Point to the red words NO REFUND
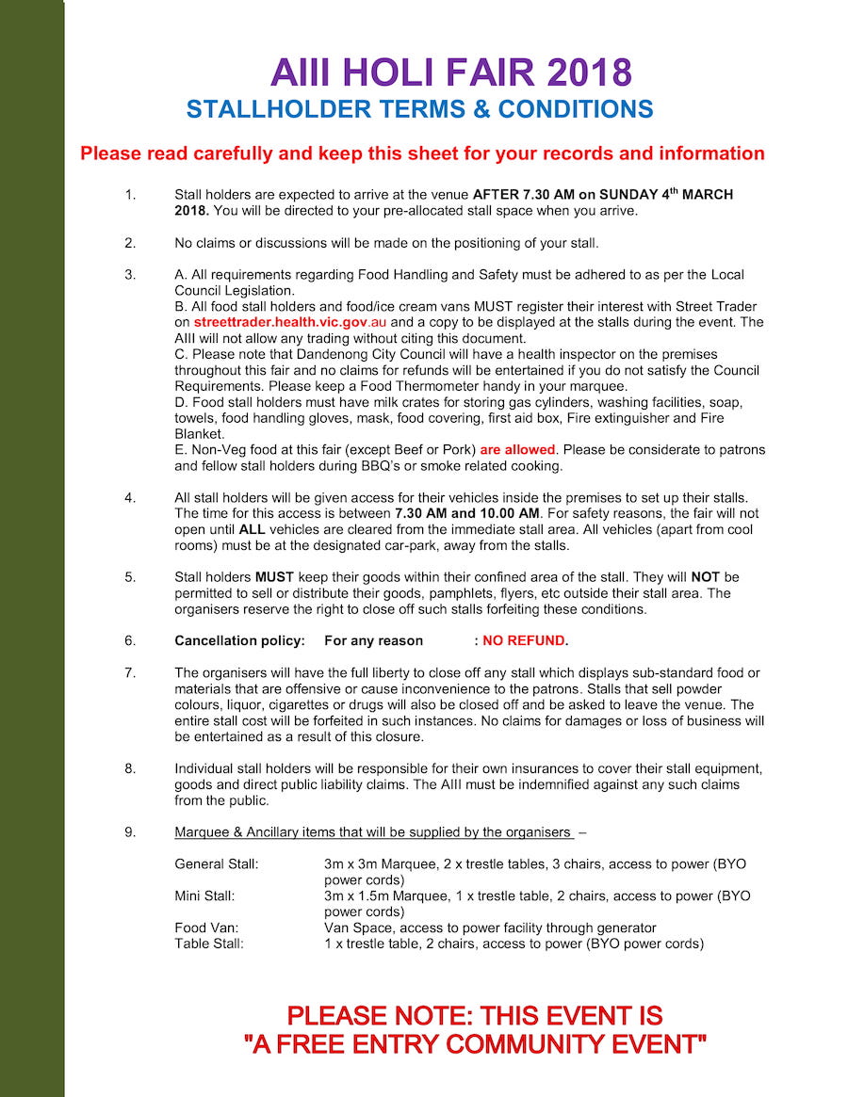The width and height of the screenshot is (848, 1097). click(x=525, y=641)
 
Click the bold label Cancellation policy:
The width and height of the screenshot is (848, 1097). click(x=240, y=641)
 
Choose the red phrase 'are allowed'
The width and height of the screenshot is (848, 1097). click(x=517, y=450)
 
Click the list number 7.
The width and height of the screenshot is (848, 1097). click(x=130, y=673)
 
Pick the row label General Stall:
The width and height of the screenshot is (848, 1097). click(x=217, y=863)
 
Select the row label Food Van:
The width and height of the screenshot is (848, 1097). click(x=206, y=928)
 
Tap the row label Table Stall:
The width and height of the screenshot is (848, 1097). click(x=209, y=944)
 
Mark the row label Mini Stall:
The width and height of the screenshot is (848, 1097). click(x=204, y=896)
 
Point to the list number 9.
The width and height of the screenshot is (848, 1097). click(x=130, y=832)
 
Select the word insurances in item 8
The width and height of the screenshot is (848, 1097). click(x=492, y=768)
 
